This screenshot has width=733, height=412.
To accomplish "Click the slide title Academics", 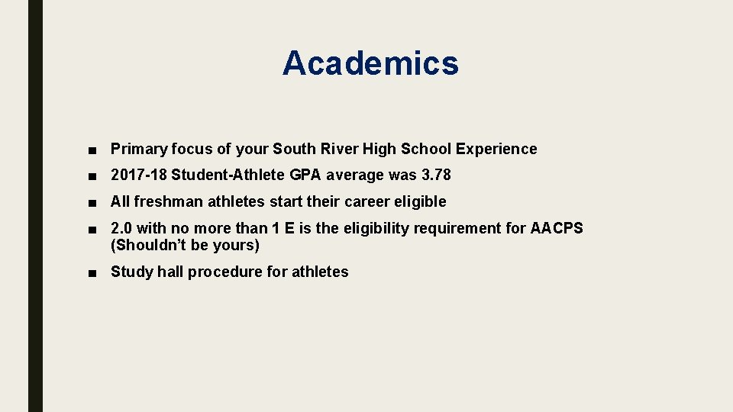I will (x=370, y=63).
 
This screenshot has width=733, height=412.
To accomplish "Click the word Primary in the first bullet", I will (x=139, y=150).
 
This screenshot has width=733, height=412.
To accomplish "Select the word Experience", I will (x=496, y=149).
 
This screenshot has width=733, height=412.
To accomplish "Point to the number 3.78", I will (x=436, y=175).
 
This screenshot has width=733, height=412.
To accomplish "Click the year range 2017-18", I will (x=139, y=175).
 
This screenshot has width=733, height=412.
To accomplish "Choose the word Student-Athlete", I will (x=228, y=175).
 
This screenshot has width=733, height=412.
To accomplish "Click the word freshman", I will (x=167, y=202).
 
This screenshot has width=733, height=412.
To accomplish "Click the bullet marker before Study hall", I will (x=92, y=272).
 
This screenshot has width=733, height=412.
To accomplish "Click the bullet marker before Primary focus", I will (x=92, y=150).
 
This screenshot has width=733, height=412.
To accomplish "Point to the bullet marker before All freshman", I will (x=92, y=202).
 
